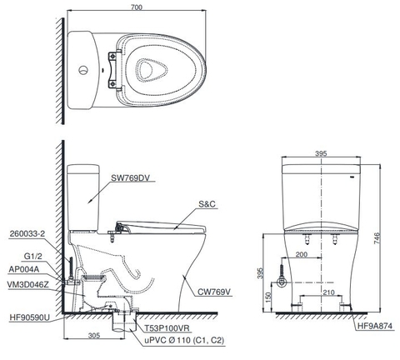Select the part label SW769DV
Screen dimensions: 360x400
pos(132,177)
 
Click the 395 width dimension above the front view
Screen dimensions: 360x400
pos(322,154)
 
